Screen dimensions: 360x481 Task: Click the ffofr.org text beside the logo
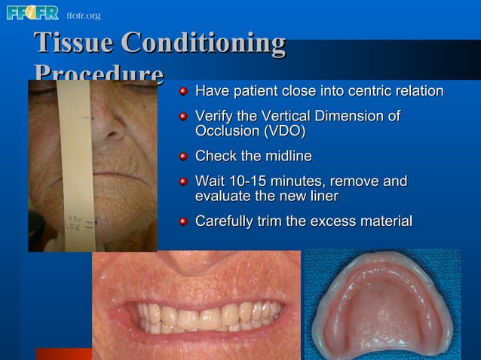coord(83,15)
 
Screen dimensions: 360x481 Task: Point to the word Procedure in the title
coord(98,74)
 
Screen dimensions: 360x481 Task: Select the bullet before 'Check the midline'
coord(183,157)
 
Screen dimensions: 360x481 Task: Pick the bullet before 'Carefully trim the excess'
coord(183,221)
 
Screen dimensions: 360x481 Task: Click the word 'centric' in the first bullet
coord(355,92)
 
